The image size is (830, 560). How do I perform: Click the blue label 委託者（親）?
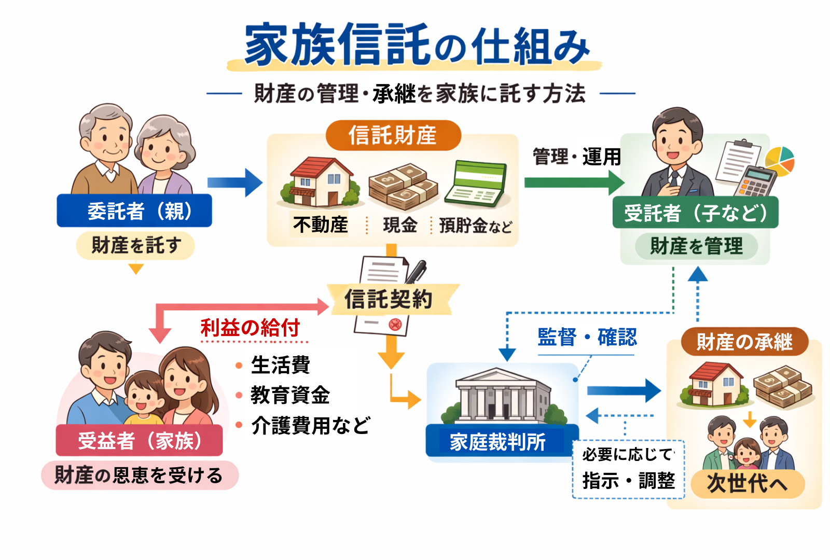pyautogui.click(x=134, y=211)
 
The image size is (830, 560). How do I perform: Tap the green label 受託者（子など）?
pyautogui.click(x=695, y=213)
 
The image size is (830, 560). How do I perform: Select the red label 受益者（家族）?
pyautogui.click(x=139, y=441)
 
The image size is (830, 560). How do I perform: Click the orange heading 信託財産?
pyautogui.click(x=393, y=135)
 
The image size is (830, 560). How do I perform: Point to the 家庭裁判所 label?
pyautogui.click(x=498, y=442)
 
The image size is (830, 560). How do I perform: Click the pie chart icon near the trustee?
pyautogui.click(x=780, y=160)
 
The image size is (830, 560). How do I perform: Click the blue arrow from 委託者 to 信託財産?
pyautogui.click(x=234, y=183)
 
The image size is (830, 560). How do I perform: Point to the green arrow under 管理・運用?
pyautogui.click(x=574, y=183)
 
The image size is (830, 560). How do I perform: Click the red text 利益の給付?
pyautogui.click(x=251, y=328)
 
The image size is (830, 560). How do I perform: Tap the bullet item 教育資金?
pyautogui.click(x=290, y=395)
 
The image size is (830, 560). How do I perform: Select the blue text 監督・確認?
pyautogui.click(x=587, y=338)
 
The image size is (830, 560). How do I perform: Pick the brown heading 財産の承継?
pyautogui.click(x=744, y=342)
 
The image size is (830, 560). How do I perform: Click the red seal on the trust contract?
pyautogui.click(x=395, y=325)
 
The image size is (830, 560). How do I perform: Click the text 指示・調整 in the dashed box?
pyautogui.click(x=628, y=481)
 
